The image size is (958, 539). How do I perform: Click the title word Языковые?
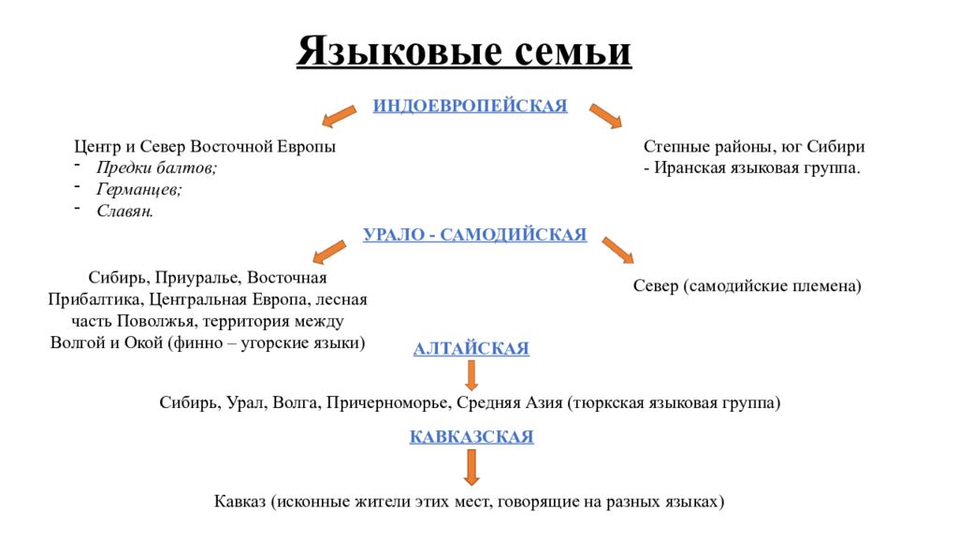[x=399, y=51]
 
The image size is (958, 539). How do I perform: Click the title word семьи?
[x=573, y=51]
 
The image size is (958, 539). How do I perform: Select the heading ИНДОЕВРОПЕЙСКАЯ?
[x=471, y=106]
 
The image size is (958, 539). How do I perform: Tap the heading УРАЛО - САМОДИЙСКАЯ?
[x=474, y=235]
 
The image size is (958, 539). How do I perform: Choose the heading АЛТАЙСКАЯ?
[x=472, y=348]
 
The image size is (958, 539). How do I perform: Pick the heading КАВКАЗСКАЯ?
[x=472, y=436]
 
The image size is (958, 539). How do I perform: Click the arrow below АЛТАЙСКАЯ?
[x=472, y=375]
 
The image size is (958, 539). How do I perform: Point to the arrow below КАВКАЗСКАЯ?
[x=472, y=468]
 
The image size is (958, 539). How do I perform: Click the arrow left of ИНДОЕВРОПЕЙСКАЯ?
[x=339, y=116]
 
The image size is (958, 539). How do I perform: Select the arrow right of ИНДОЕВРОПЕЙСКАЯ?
[x=605, y=116]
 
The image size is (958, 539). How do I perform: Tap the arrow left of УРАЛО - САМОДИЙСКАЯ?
[x=329, y=252]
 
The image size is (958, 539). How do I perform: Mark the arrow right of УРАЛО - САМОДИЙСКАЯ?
[x=617, y=251]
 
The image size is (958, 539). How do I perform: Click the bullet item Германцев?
[x=139, y=189]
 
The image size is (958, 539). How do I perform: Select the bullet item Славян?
[x=124, y=211]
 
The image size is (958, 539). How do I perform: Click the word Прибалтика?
[x=96, y=299]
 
